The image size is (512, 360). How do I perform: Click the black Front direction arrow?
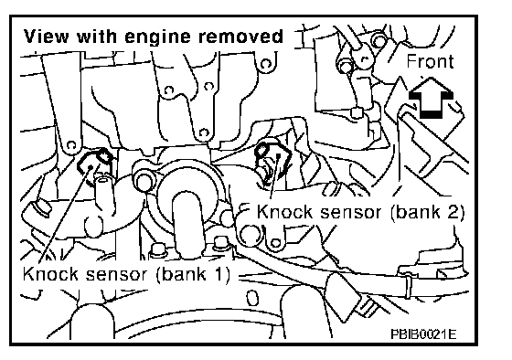click(431, 98)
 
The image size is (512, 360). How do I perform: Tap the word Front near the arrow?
click(430, 61)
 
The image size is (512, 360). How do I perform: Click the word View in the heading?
click(46, 37)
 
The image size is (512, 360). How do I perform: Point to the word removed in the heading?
click(241, 37)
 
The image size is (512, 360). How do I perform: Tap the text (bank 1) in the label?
click(193, 274)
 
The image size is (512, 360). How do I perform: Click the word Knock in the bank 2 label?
click(284, 212)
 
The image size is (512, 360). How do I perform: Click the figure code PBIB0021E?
click(423, 334)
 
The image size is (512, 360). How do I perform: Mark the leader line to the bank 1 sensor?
click(64, 214)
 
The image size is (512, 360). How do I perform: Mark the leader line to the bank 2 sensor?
click(274, 177)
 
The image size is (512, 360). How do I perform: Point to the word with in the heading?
click(97, 37)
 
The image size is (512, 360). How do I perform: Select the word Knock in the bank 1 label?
click(50, 274)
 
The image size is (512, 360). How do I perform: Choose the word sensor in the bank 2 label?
click(350, 213)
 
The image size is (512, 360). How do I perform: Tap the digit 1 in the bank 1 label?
click(218, 274)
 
